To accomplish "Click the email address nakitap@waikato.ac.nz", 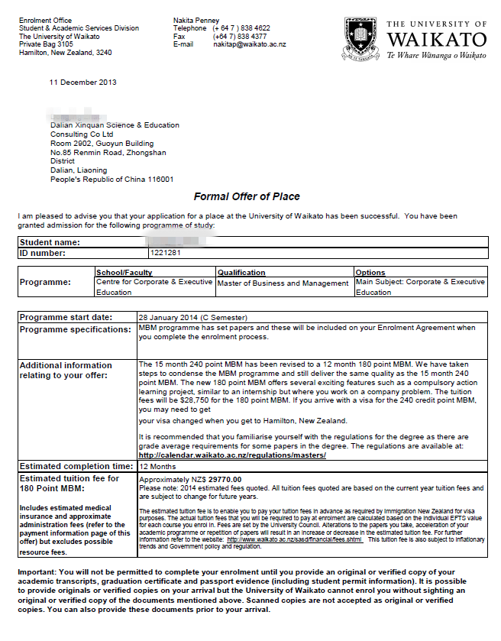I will (x=249, y=44).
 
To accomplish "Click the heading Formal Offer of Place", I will (x=247, y=196).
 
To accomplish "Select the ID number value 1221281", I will (x=166, y=253).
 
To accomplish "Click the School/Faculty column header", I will (x=124, y=273).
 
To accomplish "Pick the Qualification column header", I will (x=241, y=273).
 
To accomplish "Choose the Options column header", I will (x=370, y=273).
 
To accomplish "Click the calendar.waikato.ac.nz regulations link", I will (x=232, y=455).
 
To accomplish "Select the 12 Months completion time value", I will (x=157, y=466).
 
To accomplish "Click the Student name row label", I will (x=50, y=242).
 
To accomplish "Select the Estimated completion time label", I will (x=76, y=466).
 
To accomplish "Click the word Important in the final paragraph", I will (x=37, y=572).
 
